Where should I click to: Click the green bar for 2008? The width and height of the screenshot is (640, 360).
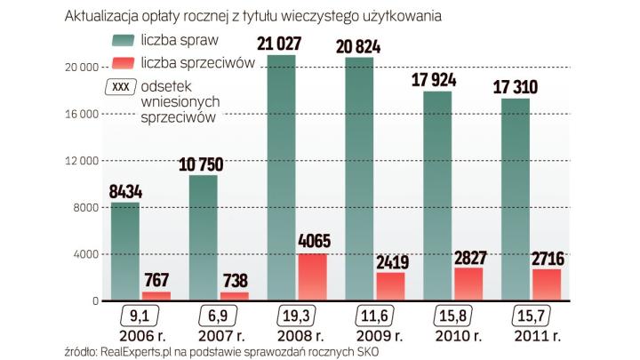pos(281,178)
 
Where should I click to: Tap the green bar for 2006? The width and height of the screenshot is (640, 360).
pos(124,252)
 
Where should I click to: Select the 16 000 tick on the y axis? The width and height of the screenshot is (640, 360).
pos(79,114)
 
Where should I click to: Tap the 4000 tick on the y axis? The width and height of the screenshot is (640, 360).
pos(84,254)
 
